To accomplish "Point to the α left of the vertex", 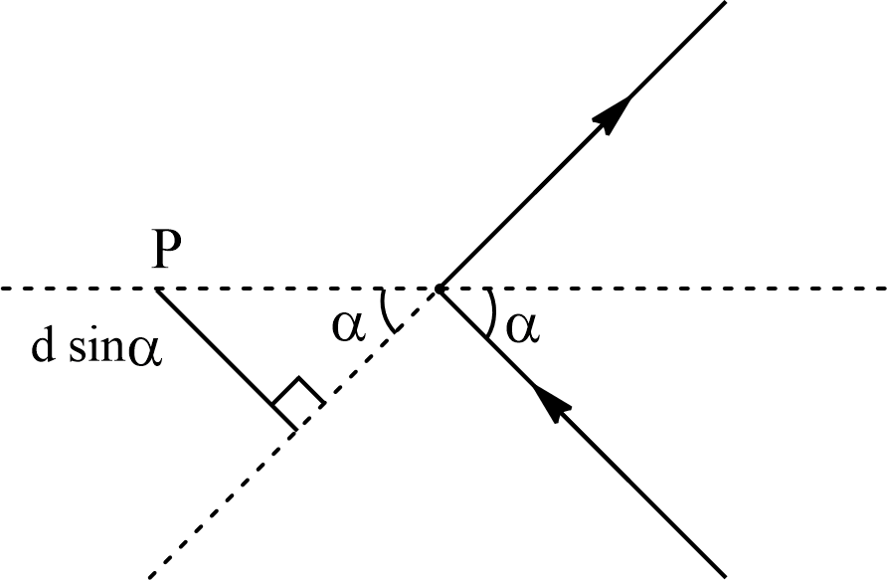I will click(348, 325).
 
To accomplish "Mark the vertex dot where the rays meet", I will click(439, 289).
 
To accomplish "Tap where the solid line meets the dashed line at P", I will click(156, 289).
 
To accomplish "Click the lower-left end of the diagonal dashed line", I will click(151, 576).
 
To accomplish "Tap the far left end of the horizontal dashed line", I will click(3, 289).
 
